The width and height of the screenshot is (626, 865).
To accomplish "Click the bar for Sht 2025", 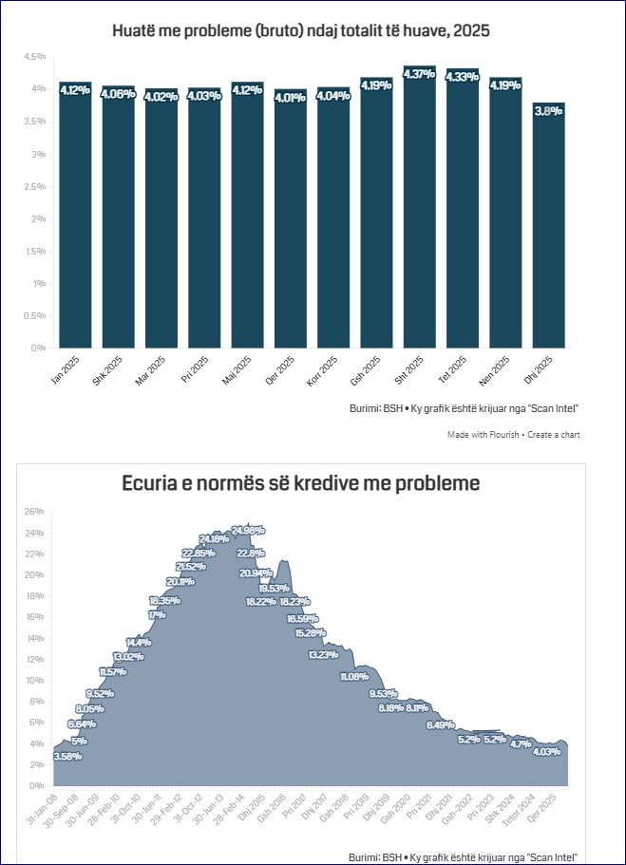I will pos(419,214).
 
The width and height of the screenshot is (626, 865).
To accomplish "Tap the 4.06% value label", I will pos(118,93).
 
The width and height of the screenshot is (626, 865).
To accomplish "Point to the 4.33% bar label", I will pos(462,77).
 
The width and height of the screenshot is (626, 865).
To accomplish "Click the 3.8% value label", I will pos(548,111).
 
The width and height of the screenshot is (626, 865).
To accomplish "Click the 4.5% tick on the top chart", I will pos(35,57).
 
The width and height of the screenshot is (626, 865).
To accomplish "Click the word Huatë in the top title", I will pos(135,30).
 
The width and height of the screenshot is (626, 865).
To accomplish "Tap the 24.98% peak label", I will pos(248,530).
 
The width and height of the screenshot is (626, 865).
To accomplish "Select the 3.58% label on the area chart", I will pos(67,756).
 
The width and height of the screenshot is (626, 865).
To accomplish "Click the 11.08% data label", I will pos(353,676).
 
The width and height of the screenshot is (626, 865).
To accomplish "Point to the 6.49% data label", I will pos(440,725).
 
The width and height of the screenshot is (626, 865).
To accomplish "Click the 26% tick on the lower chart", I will pos(35,512).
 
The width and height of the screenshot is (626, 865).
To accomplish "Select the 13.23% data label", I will pos(323,654).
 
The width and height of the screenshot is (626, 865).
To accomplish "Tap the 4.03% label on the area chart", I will pos(547,752).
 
